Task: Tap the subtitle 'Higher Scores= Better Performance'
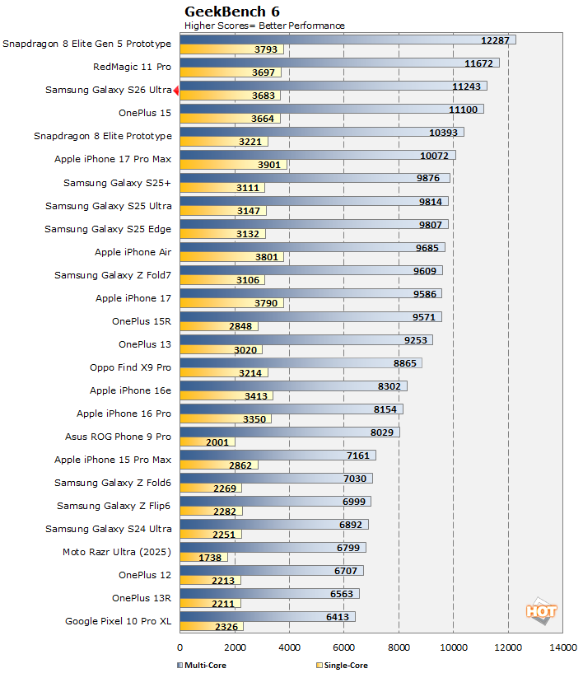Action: tap(264, 26)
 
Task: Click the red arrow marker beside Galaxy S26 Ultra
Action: tap(176, 91)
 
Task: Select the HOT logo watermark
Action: tap(542, 611)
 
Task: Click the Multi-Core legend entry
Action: tap(202, 665)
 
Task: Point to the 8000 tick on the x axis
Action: tap(399, 647)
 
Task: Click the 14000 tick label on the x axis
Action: tap(562, 647)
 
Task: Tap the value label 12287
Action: tap(497, 40)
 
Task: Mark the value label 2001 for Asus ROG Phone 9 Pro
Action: tap(217, 442)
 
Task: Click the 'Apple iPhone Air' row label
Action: tap(133, 252)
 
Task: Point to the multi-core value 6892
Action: tap(349, 524)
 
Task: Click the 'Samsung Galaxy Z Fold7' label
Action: tap(113, 275)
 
